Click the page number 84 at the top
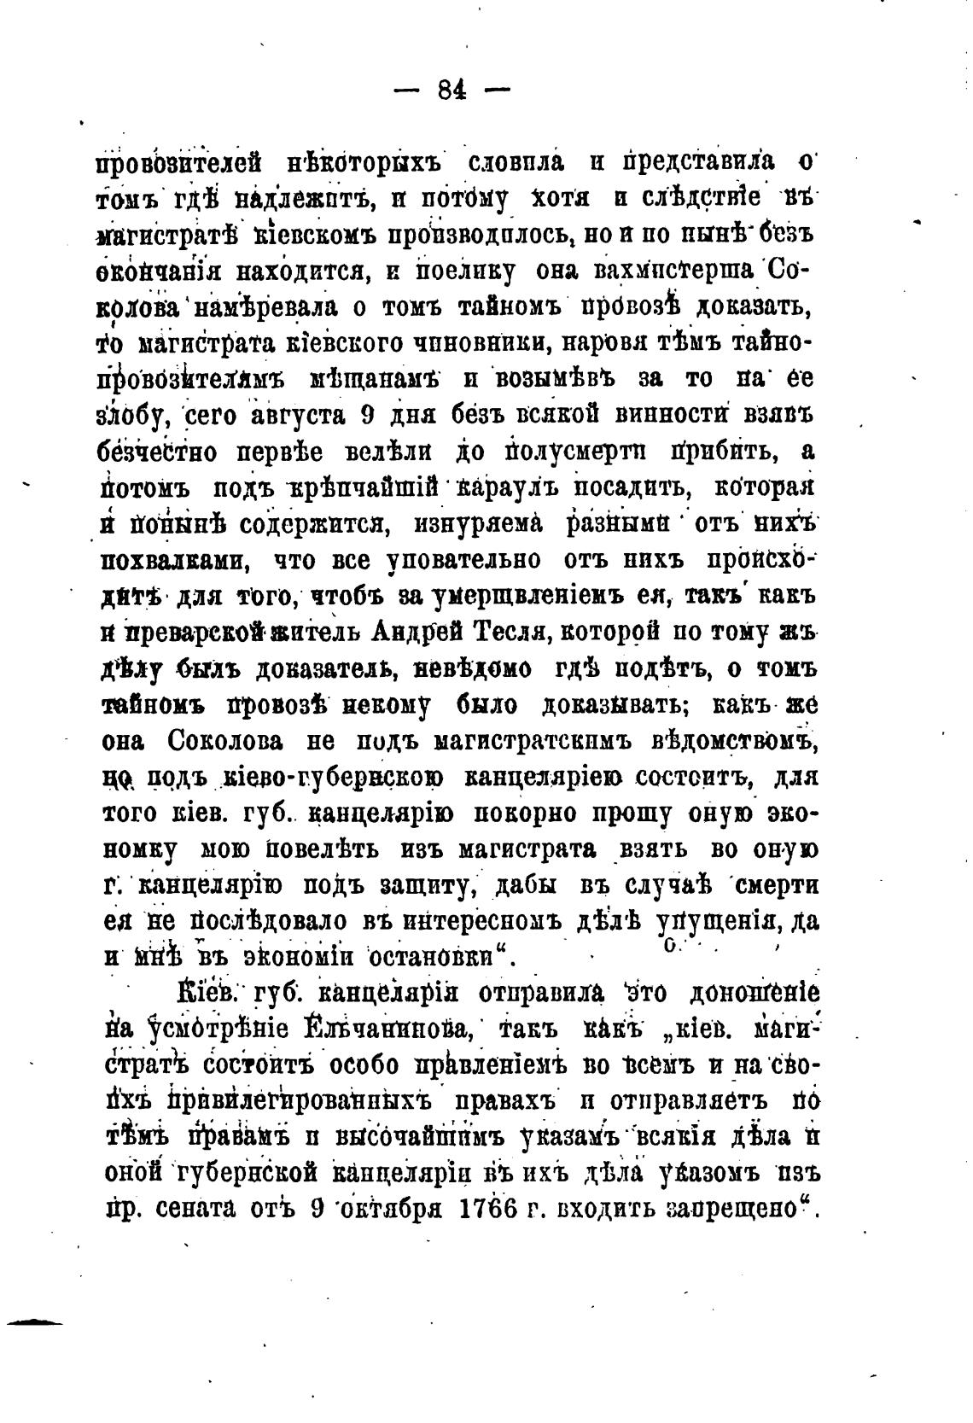pos(451,90)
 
